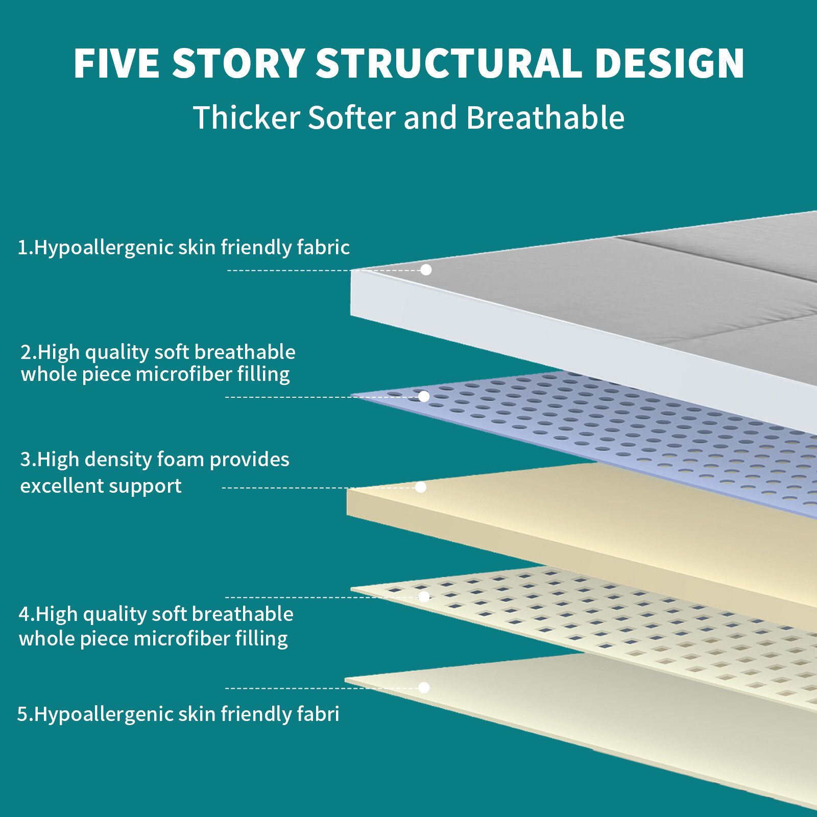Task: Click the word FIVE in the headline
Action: (116, 63)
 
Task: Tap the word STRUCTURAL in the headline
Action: (449, 63)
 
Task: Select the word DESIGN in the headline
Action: (670, 63)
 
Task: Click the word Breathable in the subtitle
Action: (545, 117)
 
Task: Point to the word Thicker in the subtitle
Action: (246, 117)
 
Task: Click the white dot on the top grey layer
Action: (426, 270)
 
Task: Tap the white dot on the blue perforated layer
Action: (424, 396)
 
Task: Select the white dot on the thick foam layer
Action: (421, 487)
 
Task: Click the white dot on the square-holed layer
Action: (424, 596)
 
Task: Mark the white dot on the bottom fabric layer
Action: (424, 687)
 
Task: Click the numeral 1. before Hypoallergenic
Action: (26, 248)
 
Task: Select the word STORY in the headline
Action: (238, 63)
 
